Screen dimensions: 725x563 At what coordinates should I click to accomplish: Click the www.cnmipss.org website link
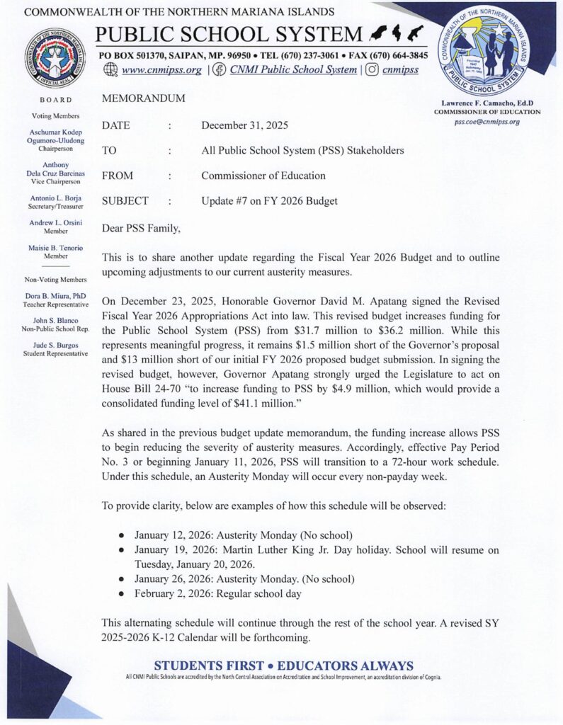162,70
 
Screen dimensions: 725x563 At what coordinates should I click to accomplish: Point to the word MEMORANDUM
144,99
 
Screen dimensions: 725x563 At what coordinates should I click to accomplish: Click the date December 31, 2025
244,126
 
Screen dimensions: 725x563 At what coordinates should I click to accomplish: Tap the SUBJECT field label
125,201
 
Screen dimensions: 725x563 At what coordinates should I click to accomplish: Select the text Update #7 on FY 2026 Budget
269,201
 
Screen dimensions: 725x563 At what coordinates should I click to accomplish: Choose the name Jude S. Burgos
59,345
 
